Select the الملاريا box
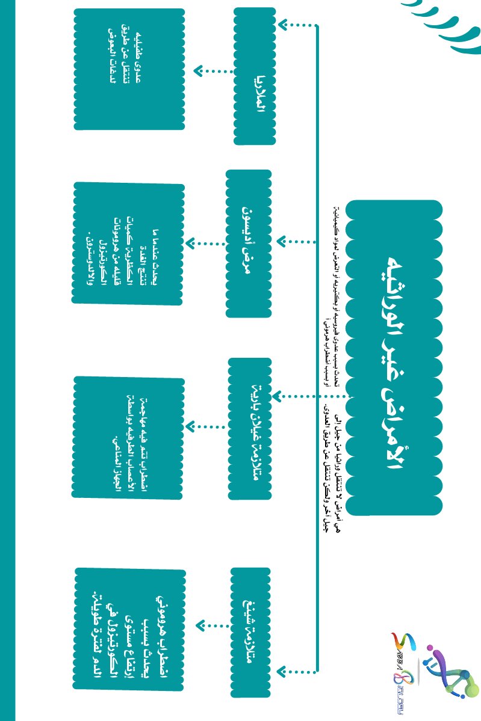pos(255,76)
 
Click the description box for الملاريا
pos(129,69)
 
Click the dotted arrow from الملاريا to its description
pos(214,71)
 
